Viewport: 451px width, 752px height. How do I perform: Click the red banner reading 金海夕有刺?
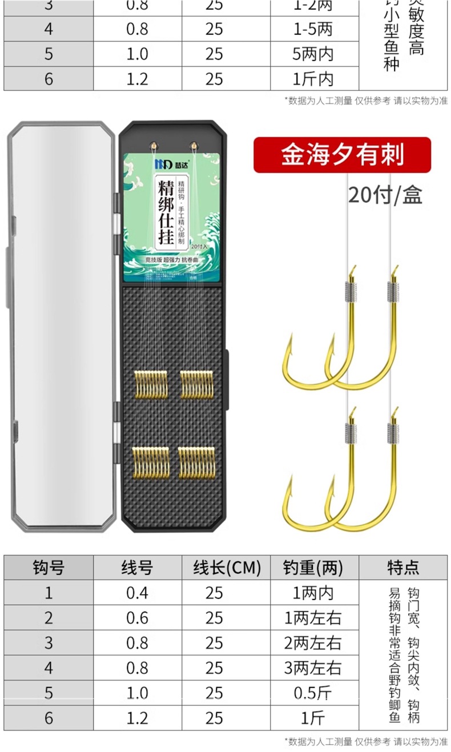[x=341, y=155]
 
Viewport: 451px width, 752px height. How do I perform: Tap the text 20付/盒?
[x=385, y=195]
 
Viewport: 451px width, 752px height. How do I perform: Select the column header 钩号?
[x=49, y=567]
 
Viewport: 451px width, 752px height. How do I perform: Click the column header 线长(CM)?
[x=227, y=567]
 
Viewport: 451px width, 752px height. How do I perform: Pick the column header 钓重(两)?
[x=313, y=567]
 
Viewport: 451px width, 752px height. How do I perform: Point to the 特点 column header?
[x=403, y=567]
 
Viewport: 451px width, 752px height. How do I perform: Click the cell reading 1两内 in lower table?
[x=313, y=593]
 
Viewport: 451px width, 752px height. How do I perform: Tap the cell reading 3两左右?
[x=313, y=667]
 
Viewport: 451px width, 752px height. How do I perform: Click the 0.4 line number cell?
[x=137, y=593]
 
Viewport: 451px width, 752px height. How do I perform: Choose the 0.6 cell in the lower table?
[x=137, y=618]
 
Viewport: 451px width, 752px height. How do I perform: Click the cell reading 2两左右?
[x=313, y=643]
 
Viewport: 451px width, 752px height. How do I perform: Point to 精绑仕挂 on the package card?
[x=166, y=212]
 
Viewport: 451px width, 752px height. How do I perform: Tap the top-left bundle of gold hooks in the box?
[x=151, y=384]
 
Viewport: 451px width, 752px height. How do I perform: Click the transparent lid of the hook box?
[x=62, y=325]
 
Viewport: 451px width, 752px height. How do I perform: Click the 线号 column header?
[x=137, y=567]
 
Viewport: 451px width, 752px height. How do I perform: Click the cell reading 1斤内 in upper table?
[x=313, y=78]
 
